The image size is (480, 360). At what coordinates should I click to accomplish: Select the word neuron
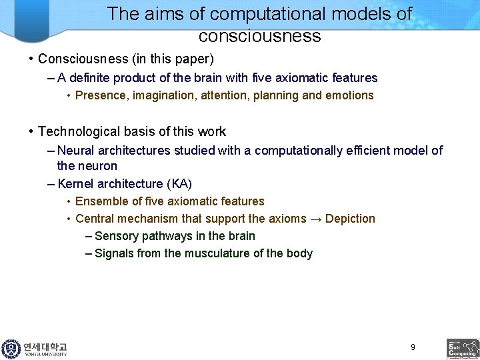[97, 166]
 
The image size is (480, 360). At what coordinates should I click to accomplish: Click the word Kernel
[75, 183]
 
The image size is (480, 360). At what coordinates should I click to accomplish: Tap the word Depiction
[351, 219]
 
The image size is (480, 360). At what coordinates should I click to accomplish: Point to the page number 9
[413, 347]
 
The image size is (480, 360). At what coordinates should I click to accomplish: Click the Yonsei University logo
[35, 349]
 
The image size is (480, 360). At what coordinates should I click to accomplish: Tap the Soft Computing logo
[463, 349]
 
